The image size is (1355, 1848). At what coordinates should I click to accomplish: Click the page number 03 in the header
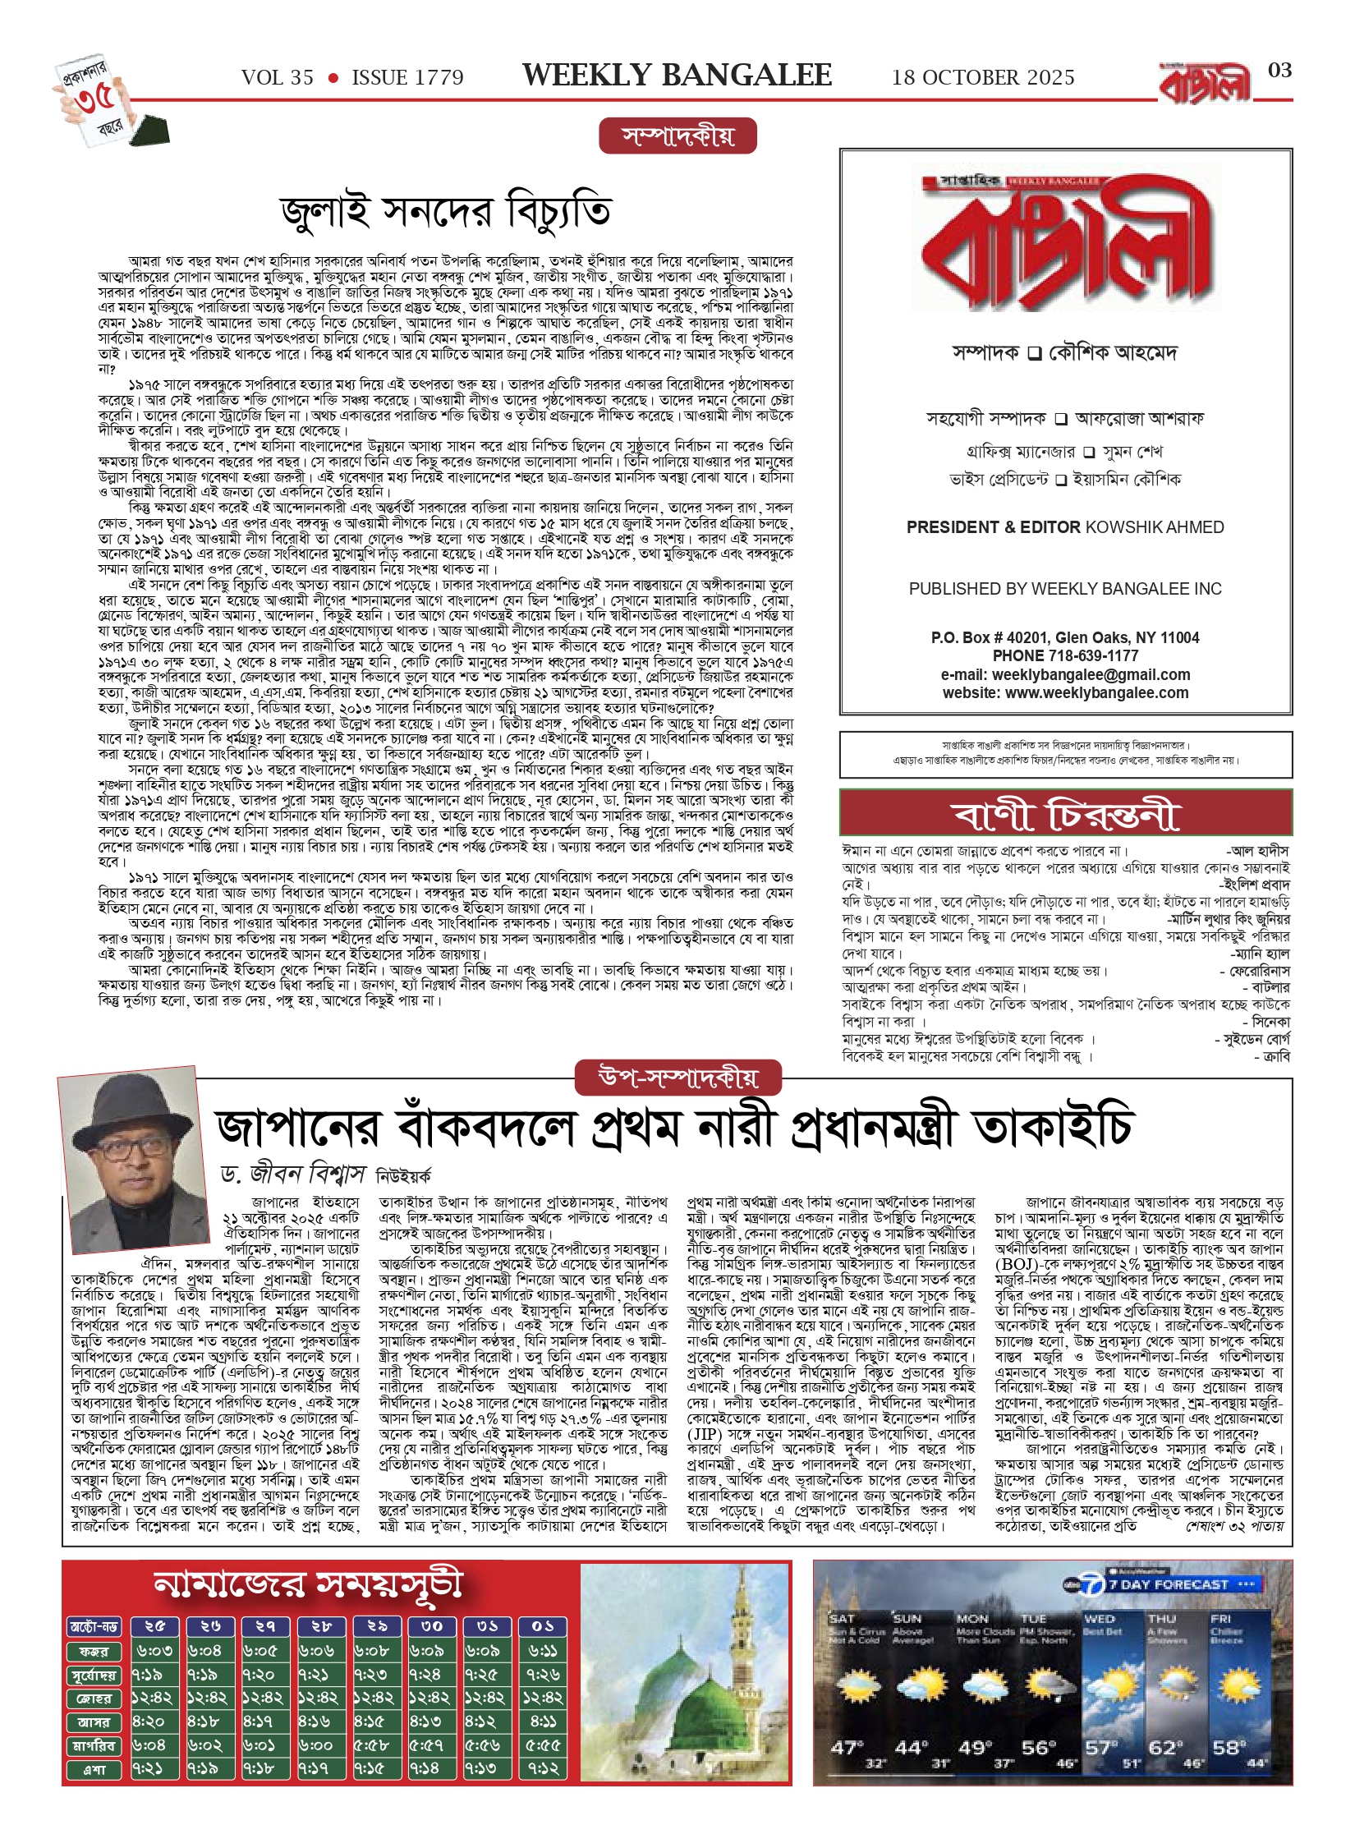coord(1279,71)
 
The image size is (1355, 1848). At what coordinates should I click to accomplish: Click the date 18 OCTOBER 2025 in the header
coord(983,78)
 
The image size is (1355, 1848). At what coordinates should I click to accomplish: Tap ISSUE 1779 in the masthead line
coord(407,78)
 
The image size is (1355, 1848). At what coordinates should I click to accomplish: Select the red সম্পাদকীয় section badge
coord(677,136)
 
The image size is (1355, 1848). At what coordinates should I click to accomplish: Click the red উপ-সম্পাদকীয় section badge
coord(677,1078)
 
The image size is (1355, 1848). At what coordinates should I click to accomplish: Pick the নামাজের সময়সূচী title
coord(308,1586)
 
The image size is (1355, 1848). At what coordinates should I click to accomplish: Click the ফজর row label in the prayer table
coord(94,1651)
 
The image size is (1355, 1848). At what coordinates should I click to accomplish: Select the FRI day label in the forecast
coord(1222,1619)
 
